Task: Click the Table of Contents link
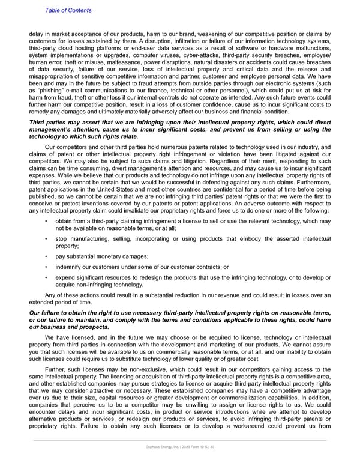click(68, 10)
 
